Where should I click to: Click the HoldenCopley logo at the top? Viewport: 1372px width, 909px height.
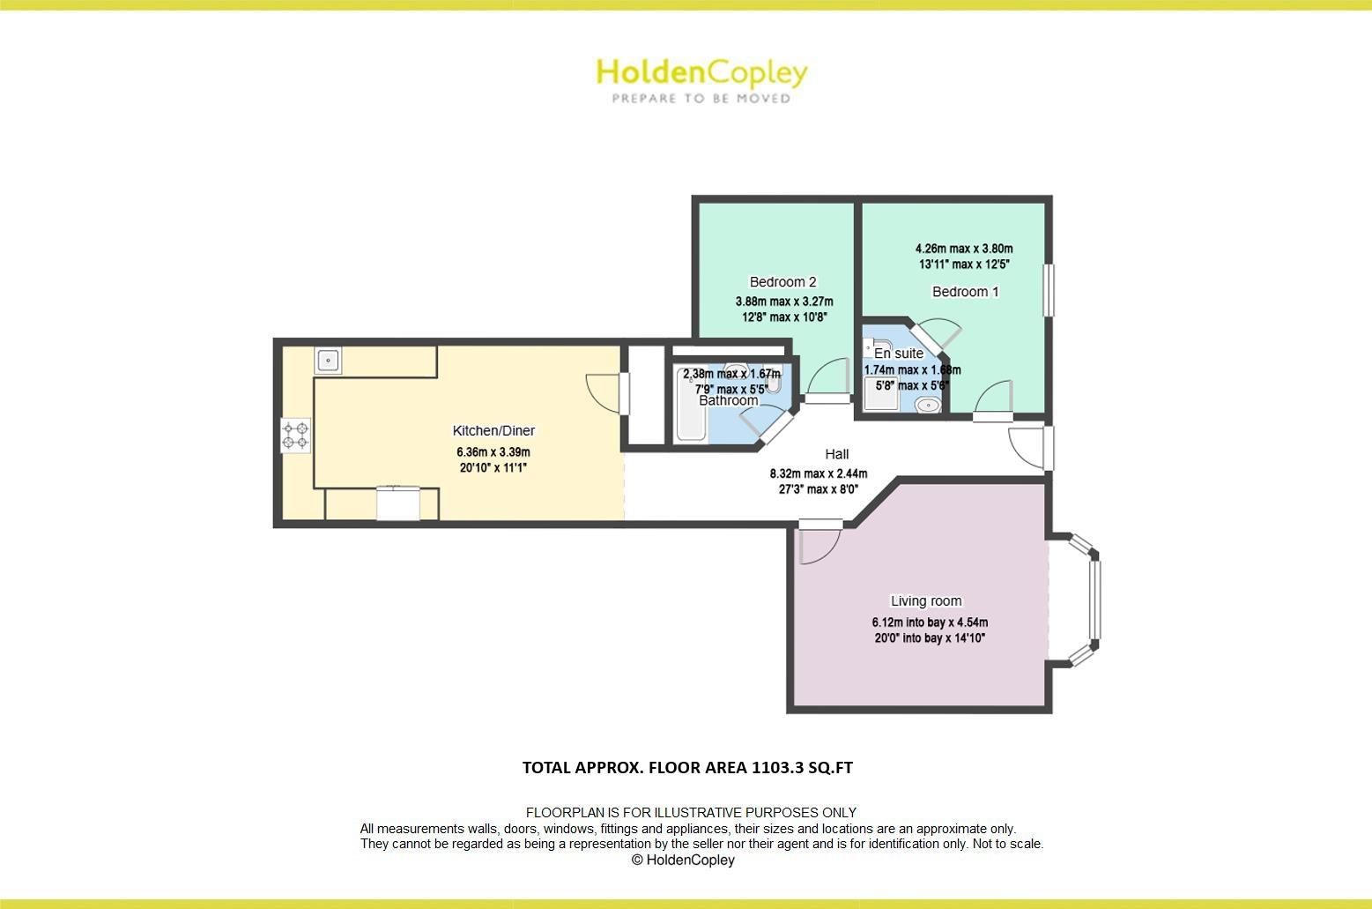click(701, 72)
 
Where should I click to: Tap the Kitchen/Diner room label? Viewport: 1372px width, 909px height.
click(493, 431)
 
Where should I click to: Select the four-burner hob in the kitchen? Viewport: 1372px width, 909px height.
click(295, 436)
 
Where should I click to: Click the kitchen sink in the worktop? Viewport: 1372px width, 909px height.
click(328, 361)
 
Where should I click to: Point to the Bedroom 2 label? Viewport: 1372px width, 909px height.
click(782, 282)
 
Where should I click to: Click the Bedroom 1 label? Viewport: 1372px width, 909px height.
click(965, 292)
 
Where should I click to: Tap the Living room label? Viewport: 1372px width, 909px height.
click(926, 601)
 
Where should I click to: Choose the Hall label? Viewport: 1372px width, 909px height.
click(836, 454)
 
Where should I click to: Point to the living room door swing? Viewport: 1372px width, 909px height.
click(818, 545)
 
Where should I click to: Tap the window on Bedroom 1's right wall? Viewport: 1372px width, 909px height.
click(1049, 290)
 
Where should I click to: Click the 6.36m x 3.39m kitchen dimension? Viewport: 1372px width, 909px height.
click(493, 452)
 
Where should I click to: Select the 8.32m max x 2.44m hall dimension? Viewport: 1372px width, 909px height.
click(818, 473)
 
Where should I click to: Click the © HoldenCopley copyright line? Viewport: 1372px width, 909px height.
click(683, 860)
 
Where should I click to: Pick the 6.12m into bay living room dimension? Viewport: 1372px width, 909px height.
click(930, 622)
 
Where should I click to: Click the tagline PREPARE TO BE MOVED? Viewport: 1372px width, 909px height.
click(701, 99)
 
